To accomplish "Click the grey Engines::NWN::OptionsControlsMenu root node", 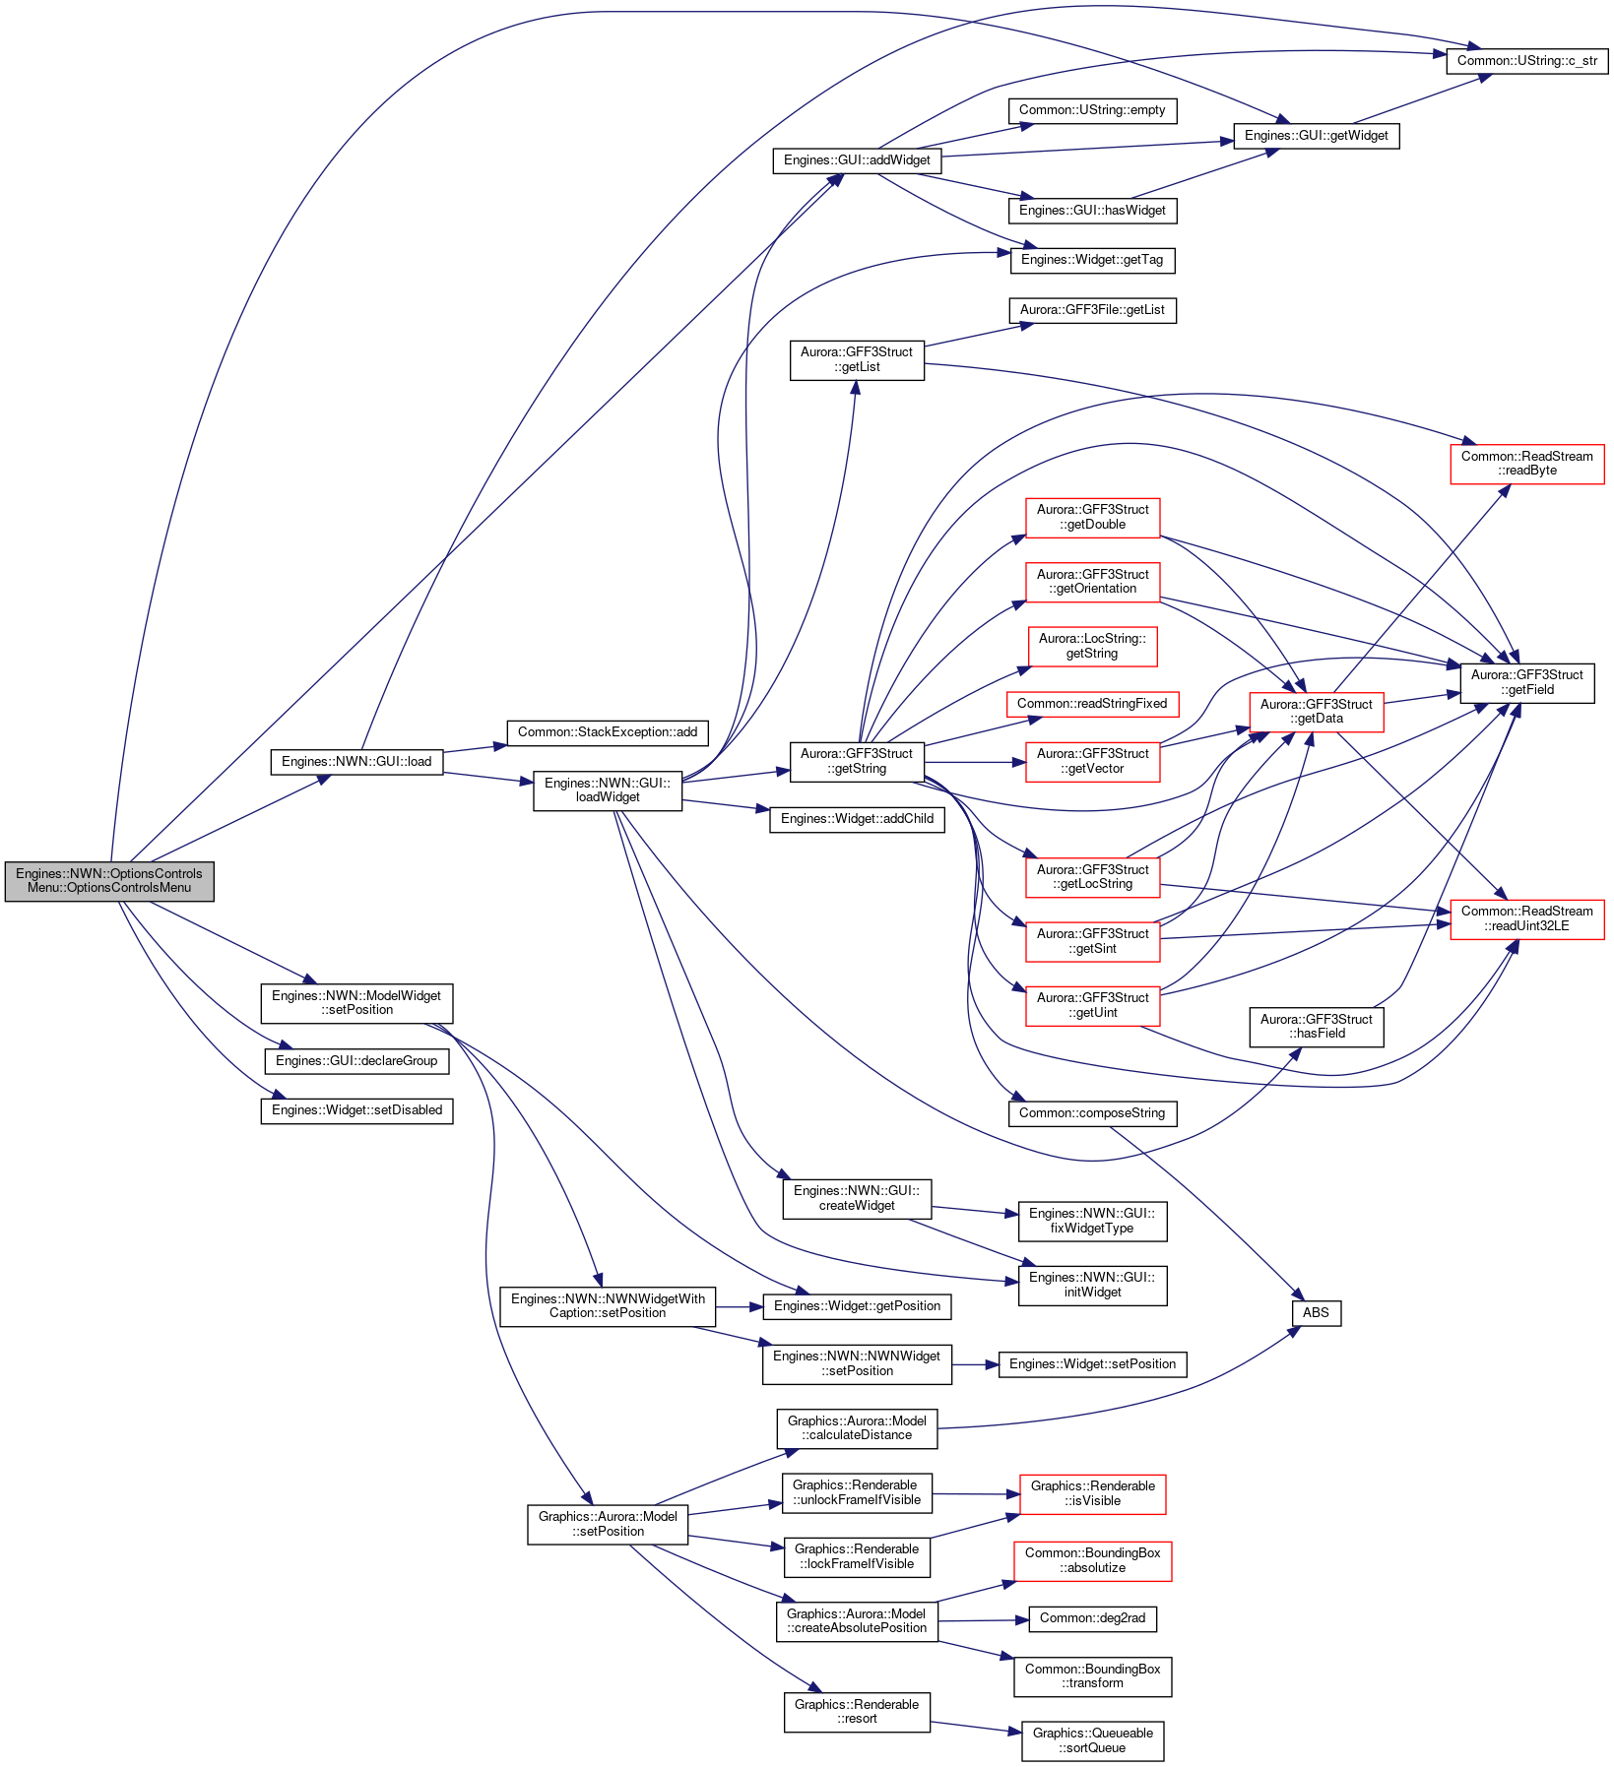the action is tap(109, 880).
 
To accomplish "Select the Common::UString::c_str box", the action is tap(1527, 60).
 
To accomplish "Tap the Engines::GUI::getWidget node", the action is tap(1316, 135).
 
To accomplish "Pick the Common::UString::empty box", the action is tap(1092, 110).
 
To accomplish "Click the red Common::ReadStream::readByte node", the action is tap(1527, 464).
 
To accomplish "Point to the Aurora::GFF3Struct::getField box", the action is tap(1527, 682).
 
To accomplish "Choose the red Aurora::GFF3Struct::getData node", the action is tap(1316, 712).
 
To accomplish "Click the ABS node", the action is tap(1316, 1312).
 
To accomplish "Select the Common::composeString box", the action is tap(1092, 1113).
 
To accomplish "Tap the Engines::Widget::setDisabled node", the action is tap(356, 1110).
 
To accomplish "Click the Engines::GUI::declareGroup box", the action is tap(356, 1061).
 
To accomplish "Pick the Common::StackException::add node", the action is tap(608, 732).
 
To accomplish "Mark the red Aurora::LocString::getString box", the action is tap(1092, 647).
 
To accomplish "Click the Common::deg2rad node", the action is tap(1092, 1618).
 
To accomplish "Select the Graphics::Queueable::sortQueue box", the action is tap(1092, 1740).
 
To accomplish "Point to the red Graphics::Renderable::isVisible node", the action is tap(1092, 1493).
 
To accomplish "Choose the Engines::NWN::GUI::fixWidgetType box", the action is tap(1092, 1221).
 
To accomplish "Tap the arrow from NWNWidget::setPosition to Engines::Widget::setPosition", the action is tap(976, 1364).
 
